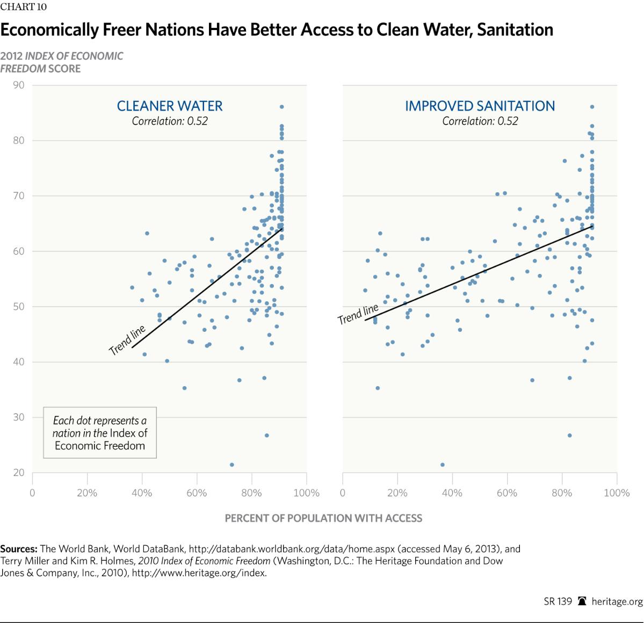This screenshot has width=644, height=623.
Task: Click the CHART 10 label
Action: (x=24, y=7)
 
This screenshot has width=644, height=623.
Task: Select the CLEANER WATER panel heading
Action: (x=170, y=106)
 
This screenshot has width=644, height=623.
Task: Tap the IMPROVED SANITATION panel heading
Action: (x=480, y=106)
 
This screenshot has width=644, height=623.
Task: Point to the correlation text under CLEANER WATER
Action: (x=170, y=121)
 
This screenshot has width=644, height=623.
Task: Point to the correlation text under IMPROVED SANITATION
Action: (x=480, y=121)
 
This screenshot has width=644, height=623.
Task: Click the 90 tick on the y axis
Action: (x=19, y=85)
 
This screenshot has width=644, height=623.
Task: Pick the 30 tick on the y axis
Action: (x=19, y=417)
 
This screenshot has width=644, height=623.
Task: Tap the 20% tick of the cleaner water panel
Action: (x=87, y=493)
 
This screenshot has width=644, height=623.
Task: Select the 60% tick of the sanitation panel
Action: (x=506, y=493)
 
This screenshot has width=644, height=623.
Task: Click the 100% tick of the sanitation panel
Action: (x=616, y=493)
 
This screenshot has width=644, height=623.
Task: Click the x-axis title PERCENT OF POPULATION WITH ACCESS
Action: (x=323, y=518)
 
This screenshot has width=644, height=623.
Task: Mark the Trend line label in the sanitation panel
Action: (x=358, y=314)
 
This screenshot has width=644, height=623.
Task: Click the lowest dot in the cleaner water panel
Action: (x=231, y=465)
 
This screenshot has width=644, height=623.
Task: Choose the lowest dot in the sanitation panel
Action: (x=443, y=465)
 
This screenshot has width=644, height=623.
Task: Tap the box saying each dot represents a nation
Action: (x=100, y=433)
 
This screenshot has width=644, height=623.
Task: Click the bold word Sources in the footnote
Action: (x=19, y=549)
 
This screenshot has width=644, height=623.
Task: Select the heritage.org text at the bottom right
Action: (x=617, y=602)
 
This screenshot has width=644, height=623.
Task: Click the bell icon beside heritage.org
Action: (x=582, y=602)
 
